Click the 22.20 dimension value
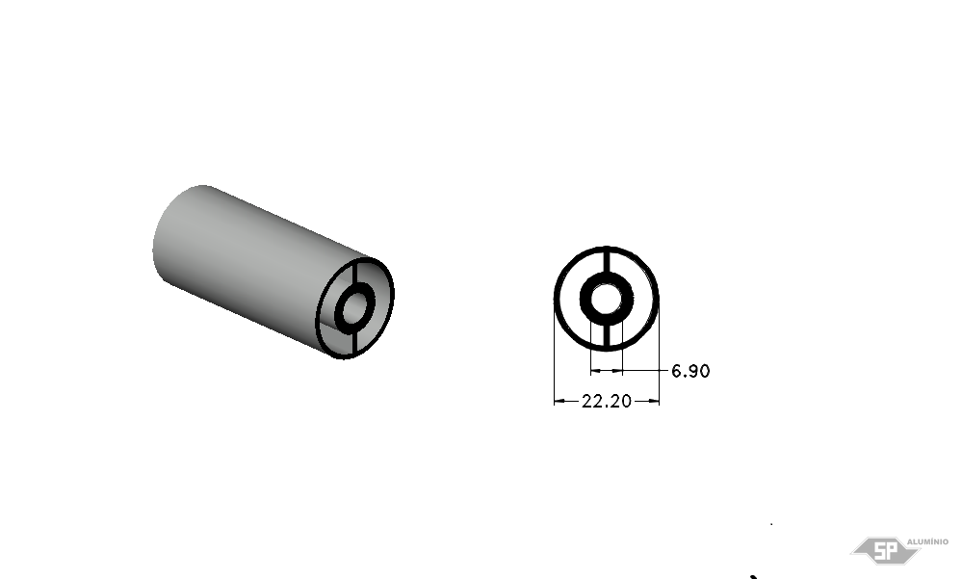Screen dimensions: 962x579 click(606, 401)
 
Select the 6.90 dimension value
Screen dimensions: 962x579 click(690, 371)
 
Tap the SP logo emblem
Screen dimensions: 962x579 click(884, 550)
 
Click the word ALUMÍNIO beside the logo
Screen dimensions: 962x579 click(927, 541)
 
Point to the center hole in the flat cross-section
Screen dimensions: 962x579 click(607, 299)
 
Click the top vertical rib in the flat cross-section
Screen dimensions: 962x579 click(607, 260)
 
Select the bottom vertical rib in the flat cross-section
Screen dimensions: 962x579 click(607, 336)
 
